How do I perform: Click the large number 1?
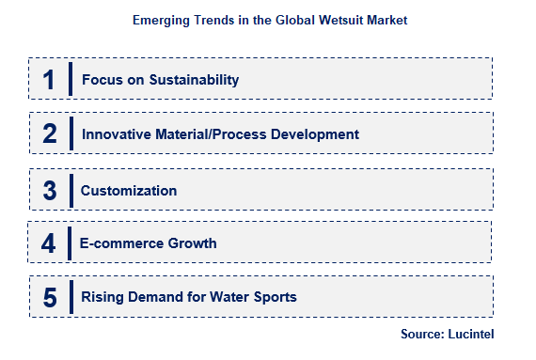coord(48,80)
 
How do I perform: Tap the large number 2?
coord(50,134)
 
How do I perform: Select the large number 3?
coord(50,190)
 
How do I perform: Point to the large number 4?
coord(48,243)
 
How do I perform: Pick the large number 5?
coord(50,298)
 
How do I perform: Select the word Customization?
coord(129,190)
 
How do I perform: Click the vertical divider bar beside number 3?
coord(70,190)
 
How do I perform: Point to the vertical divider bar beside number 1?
coord(71,80)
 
